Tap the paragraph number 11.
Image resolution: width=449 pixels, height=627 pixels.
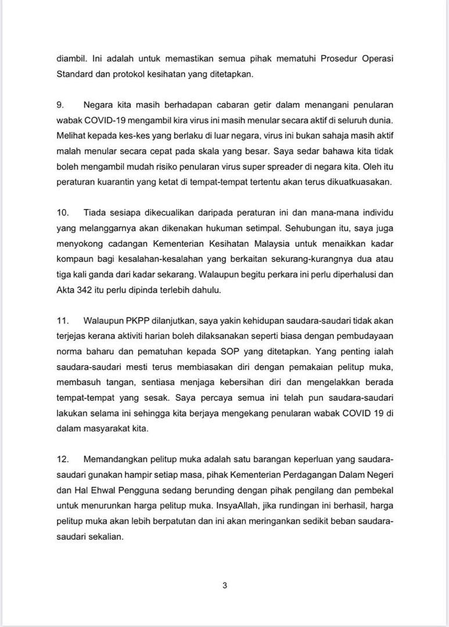(62, 320)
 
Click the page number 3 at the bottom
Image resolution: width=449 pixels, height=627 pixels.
(224, 585)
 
